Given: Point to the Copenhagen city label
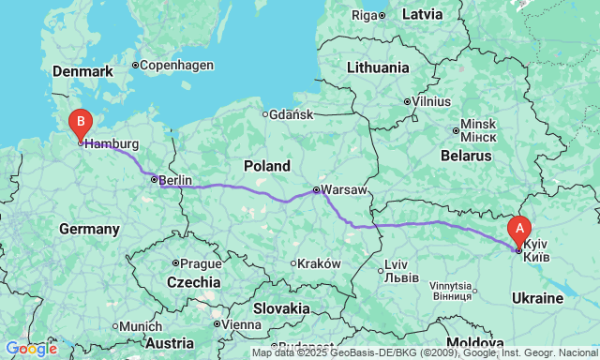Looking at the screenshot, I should pyautogui.click(x=173, y=65).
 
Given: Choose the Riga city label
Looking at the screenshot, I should pyautogui.click(x=365, y=15).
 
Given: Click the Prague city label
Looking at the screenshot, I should pyautogui.click(x=201, y=262).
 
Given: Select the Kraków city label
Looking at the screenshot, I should pyautogui.click(x=319, y=263).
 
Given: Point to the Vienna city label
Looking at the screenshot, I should pyautogui.click(x=242, y=324).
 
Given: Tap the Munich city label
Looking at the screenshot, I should pyautogui.click(x=140, y=326).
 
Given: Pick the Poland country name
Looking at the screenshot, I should pyautogui.click(x=267, y=166).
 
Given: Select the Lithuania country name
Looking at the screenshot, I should pyautogui.click(x=378, y=67).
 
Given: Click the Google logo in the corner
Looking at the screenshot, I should pyautogui.click(x=30, y=349).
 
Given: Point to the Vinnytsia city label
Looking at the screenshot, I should pyautogui.click(x=451, y=288).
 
